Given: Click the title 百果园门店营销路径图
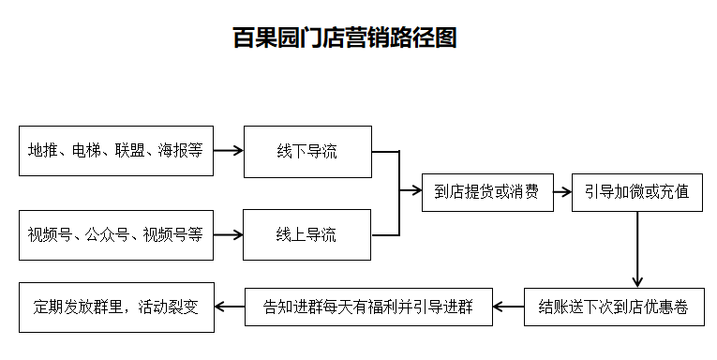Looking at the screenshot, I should (x=344, y=38).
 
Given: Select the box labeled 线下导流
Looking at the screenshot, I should (x=306, y=151).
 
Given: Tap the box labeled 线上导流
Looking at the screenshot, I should (x=306, y=234).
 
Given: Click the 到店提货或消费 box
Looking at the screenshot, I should (x=486, y=192).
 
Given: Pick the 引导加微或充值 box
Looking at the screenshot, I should (x=637, y=192).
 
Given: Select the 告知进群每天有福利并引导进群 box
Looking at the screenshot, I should (x=368, y=307).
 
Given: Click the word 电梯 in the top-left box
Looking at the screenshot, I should (x=87, y=151).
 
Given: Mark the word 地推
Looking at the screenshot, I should (x=43, y=151).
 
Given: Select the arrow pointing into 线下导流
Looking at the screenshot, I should (x=228, y=151).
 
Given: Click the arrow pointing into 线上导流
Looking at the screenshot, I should (x=228, y=234).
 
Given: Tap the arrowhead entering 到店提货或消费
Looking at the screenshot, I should (x=415, y=191).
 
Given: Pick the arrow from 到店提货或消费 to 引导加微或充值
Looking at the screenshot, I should (x=561, y=192).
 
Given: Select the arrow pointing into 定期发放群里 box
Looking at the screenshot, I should (x=230, y=307).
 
